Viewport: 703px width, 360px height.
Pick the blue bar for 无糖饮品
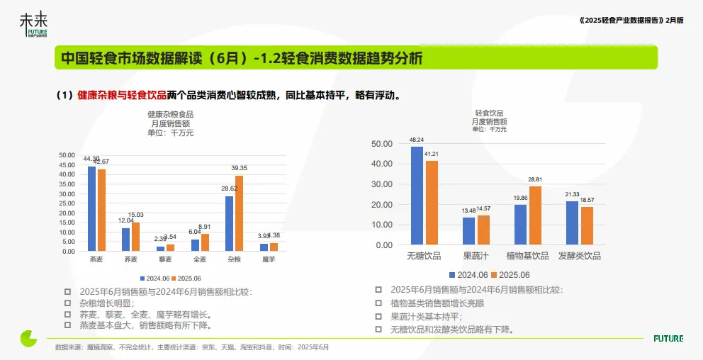[x=417, y=196]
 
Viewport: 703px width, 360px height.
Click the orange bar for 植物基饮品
[x=535, y=215]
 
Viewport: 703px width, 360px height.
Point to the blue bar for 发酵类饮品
[x=572, y=223]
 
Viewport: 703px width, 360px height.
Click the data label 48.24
[x=417, y=140]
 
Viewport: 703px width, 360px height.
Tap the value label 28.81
[x=534, y=179]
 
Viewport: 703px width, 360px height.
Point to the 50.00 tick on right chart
[x=382, y=144]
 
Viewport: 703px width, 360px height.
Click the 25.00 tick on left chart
[x=67, y=203]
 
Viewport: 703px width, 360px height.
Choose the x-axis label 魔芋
[x=269, y=260]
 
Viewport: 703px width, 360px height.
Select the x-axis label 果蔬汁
[x=476, y=256]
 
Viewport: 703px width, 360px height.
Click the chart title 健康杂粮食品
[x=170, y=113]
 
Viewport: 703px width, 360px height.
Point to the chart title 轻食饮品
[x=489, y=113]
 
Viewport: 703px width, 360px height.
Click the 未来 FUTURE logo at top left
[x=34, y=26]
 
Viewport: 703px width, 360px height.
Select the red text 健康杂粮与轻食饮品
[x=122, y=95]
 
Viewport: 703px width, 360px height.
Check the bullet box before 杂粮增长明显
[x=67, y=303]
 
